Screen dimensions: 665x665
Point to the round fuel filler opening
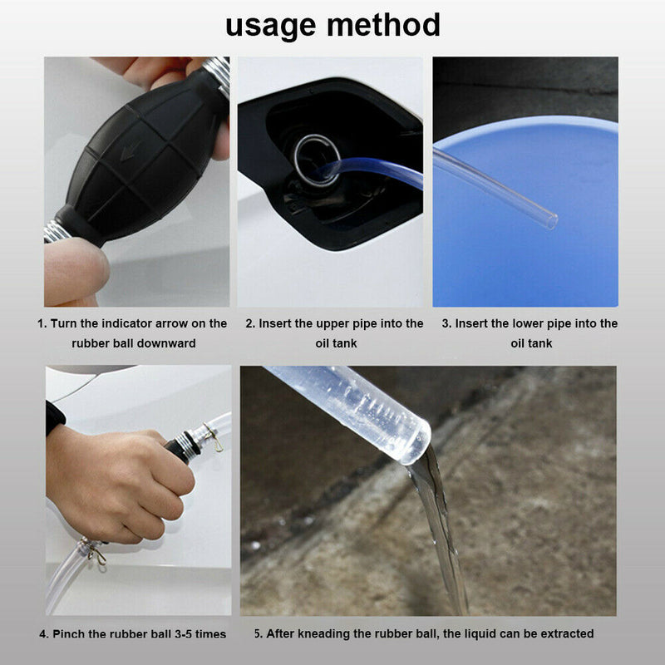pyautogui.click(x=316, y=158)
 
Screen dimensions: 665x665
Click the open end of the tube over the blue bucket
pyautogui.click(x=549, y=222)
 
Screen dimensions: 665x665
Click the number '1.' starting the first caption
pyautogui.click(x=42, y=323)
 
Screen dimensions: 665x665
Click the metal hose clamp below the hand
pyautogui.click(x=94, y=549)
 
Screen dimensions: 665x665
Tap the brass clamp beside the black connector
pyautogui.click(x=214, y=438)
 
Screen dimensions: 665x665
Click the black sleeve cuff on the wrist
pyautogui.click(x=55, y=416)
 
